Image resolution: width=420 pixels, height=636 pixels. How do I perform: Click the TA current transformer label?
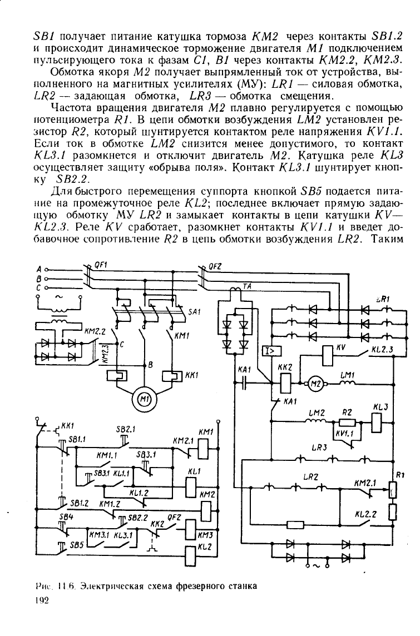(247, 286)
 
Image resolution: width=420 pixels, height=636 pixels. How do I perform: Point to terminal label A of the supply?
(38, 269)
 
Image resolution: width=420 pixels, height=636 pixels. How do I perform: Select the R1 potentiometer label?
(400, 475)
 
